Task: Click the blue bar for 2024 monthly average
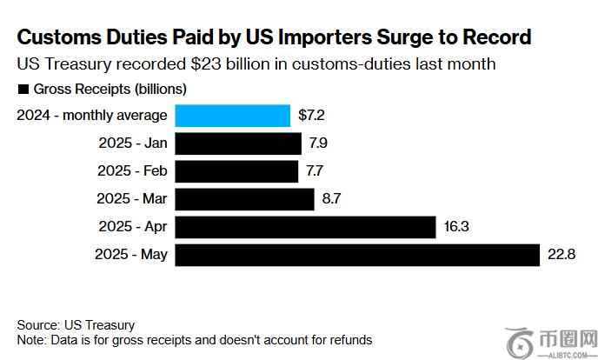coord(232,116)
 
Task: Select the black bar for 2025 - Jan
coord(238,143)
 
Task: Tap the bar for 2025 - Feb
coord(236,170)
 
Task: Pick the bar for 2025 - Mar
coord(244,199)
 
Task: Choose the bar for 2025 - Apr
coord(304,227)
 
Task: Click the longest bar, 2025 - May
coord(357,255)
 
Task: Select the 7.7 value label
coord(314,171)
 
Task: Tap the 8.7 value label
coord(330,199)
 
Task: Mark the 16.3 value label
coord(455,227)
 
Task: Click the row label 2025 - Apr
coord(132,227)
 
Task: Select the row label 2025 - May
coord(131,255)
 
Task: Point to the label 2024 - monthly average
coord(93,116)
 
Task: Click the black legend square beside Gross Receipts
coord(23,89)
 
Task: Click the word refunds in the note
coord(349,340)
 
